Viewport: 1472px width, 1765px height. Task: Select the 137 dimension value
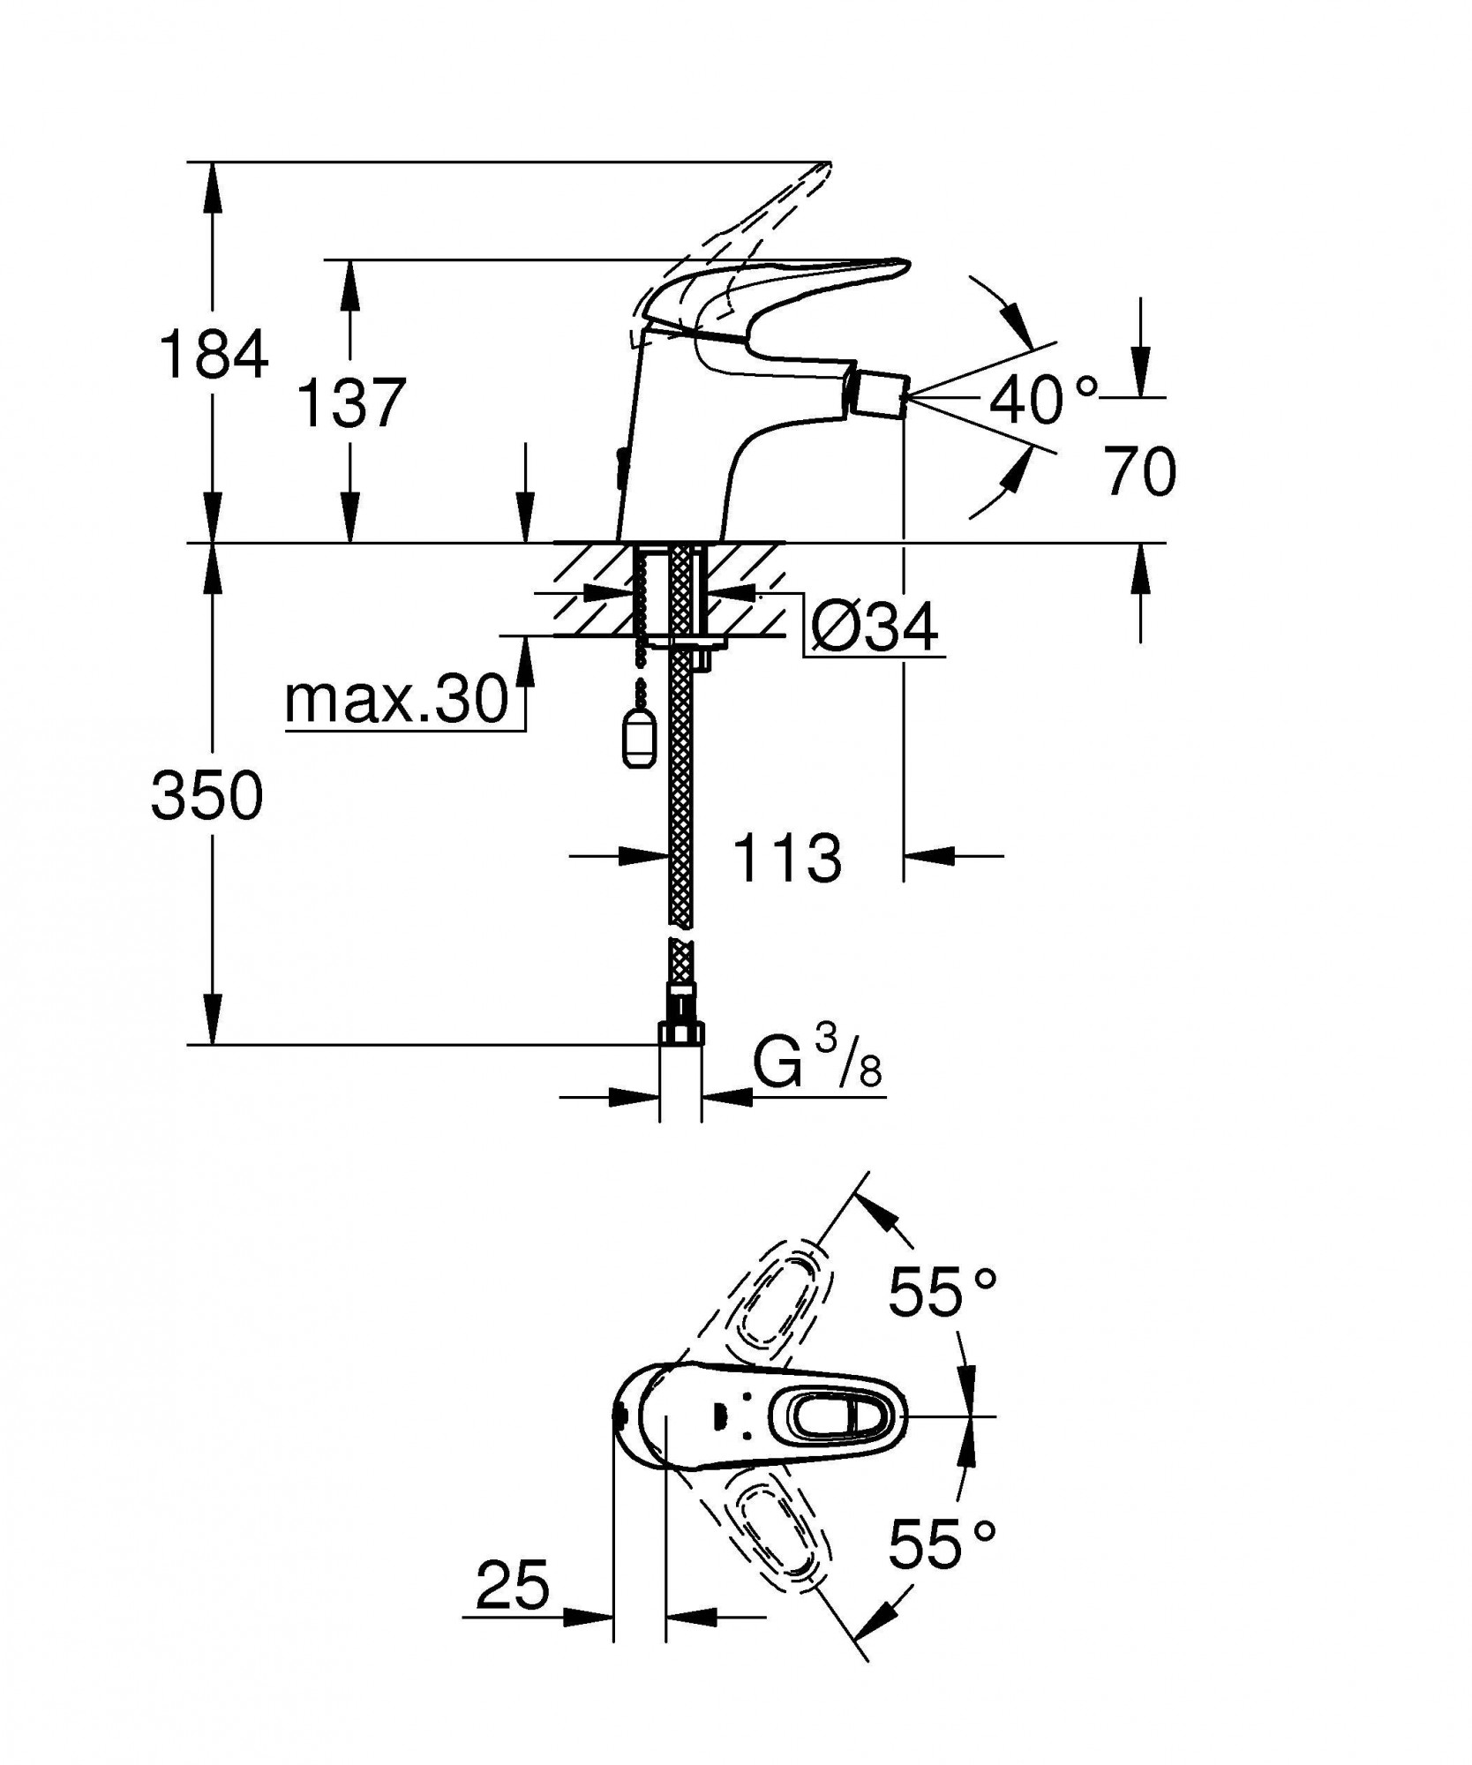point(350,402)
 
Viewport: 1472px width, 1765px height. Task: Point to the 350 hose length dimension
point(207,795)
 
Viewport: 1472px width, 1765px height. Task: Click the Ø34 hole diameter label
point(874,629)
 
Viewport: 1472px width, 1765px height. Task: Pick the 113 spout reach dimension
point(787,858)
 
